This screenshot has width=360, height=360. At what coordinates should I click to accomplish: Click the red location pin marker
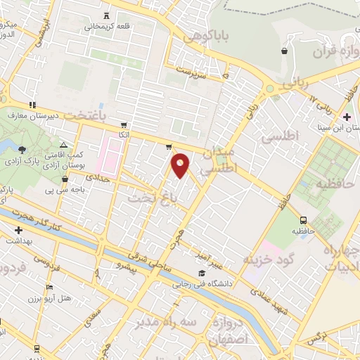click(x=181, y=165)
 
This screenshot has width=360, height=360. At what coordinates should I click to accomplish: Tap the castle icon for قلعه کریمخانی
click(x=106, y=15)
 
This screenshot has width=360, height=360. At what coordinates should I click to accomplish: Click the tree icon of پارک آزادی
click(x=22, y=148)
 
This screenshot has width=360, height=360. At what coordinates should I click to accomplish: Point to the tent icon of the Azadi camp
click(x=63, y=143)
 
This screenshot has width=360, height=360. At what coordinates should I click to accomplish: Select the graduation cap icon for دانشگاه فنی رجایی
click(x=202, y=273)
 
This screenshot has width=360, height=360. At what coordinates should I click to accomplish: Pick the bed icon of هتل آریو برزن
click(x=49, y=288)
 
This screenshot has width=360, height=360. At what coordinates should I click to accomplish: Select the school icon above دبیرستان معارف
click(x=32, y=105)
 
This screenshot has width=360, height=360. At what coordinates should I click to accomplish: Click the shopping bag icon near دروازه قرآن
click(x=284, y=51)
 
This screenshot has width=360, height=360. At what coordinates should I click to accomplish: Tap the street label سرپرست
click(x=194, y=70)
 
